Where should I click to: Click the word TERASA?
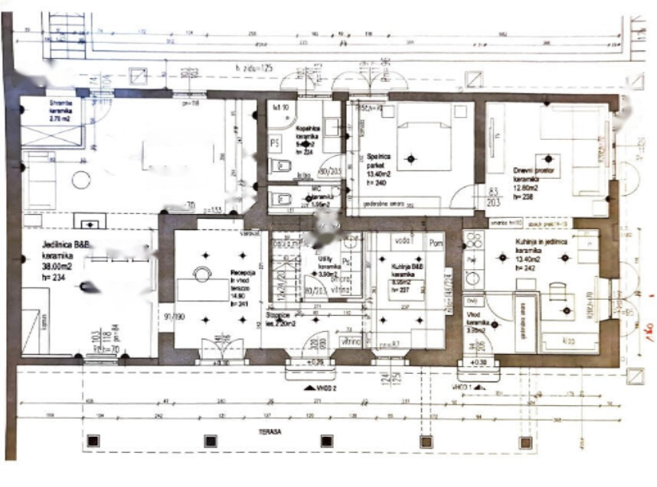click(269, 432)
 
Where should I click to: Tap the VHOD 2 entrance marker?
click(322, 388)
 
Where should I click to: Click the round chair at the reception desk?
click(201, 274)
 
